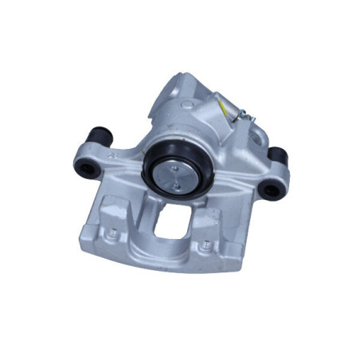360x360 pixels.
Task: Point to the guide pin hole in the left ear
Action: coord(84,167)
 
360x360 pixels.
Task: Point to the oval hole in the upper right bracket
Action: coord(257,144)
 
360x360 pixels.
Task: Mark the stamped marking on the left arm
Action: coord(114,157)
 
